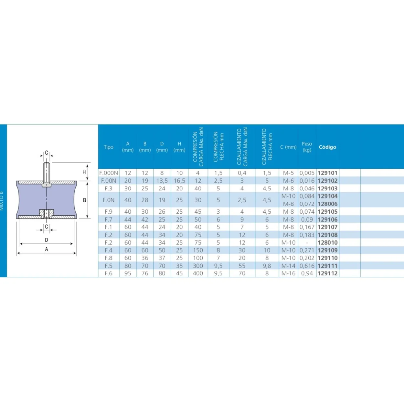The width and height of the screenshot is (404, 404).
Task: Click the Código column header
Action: click(327, 147)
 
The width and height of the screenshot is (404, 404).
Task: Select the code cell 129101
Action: click(327, 173)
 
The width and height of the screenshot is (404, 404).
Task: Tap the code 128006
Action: click(327, 204)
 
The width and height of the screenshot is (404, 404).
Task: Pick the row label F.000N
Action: click(109, 173)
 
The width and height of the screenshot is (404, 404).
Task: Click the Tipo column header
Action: click(109, 147)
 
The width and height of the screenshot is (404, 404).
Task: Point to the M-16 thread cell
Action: click(288, 273)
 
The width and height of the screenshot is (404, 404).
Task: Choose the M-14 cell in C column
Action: click(288, 266)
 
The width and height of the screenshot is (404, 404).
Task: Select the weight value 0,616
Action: click(307, 266)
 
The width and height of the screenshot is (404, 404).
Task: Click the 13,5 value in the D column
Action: click(162, 181)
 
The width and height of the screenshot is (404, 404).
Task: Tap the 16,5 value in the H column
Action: click(179, 181)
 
